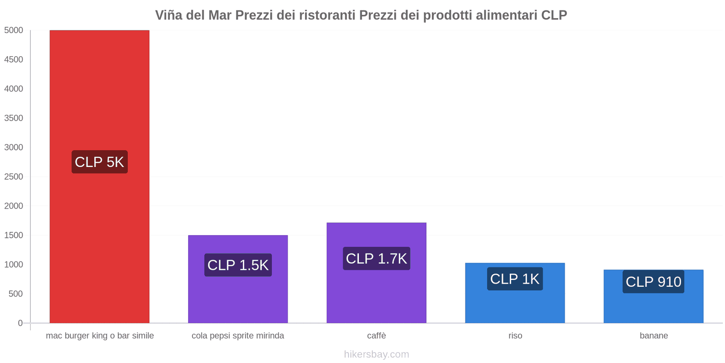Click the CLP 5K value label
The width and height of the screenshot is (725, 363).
tap(99, 162)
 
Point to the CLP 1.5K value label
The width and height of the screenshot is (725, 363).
tap(238, 265)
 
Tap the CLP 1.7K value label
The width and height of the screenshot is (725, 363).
tap(376, 259)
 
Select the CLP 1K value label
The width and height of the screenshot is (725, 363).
tap(515, 279)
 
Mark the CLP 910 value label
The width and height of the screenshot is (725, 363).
tap(653, 282)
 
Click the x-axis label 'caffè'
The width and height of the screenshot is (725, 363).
tap(377, 336)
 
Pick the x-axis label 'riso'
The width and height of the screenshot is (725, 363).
tap(515, 336)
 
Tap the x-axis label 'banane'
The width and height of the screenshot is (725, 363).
tap(654, 336)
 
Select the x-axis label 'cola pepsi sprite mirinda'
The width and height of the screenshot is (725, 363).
tap(238, 336)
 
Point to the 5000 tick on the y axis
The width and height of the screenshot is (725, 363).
tap(14, 30)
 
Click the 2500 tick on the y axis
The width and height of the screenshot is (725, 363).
tap(14, 177)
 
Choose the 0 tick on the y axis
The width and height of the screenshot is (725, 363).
tap(20, 323)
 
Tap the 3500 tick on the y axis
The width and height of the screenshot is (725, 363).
tap(14, 118)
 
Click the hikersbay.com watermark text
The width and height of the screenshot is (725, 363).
tap(377, 354)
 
